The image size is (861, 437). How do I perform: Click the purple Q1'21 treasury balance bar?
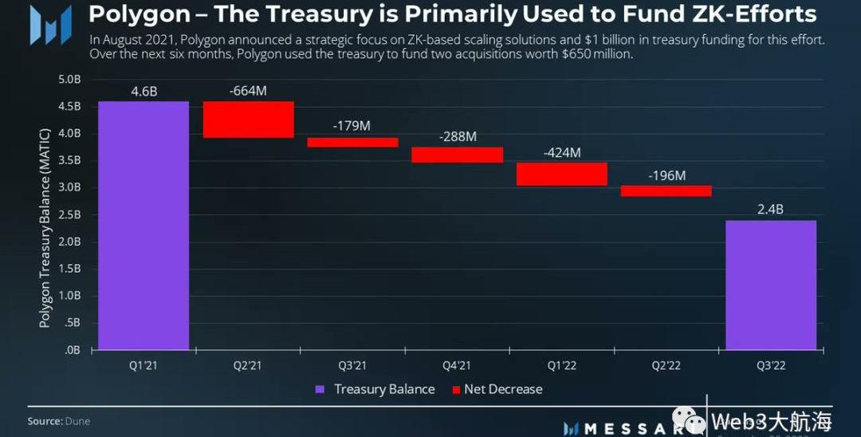[143, 226]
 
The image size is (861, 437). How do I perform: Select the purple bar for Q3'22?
[770, 285]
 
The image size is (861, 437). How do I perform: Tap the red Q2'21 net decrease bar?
[249, 120]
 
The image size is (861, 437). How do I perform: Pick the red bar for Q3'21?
[352, 143]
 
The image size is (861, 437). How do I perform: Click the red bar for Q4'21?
[457, 155]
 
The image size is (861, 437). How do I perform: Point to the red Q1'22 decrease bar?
[561, 174]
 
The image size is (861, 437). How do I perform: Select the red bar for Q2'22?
[666, 191]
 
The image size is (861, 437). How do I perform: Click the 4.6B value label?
[143, 91]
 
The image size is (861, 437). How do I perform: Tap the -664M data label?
[248, 91]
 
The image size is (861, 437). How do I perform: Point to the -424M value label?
[561, 152]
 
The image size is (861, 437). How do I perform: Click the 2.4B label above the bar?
[770, 210]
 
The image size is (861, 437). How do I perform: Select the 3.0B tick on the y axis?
[69, 187]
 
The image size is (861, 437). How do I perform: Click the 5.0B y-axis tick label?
[69, 80]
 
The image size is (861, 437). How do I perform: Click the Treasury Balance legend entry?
[375, 389]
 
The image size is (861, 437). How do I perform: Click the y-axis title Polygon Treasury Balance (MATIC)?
[45, 226]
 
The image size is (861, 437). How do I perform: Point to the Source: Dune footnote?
[59, 421]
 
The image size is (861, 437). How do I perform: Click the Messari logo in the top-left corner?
[50, 24]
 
